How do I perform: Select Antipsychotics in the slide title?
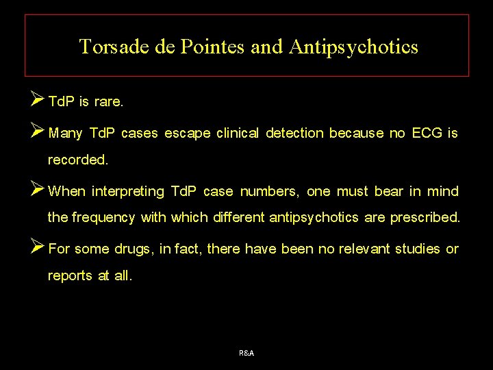coord(353,47)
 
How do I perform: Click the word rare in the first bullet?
coord(108,103)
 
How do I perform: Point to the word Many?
coord(66,134)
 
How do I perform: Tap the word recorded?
coord(77,160)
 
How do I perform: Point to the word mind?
coord(443,191)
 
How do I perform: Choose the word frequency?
coord(103,218)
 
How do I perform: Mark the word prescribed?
coord(425,218)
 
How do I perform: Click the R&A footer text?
coord(246,353)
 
